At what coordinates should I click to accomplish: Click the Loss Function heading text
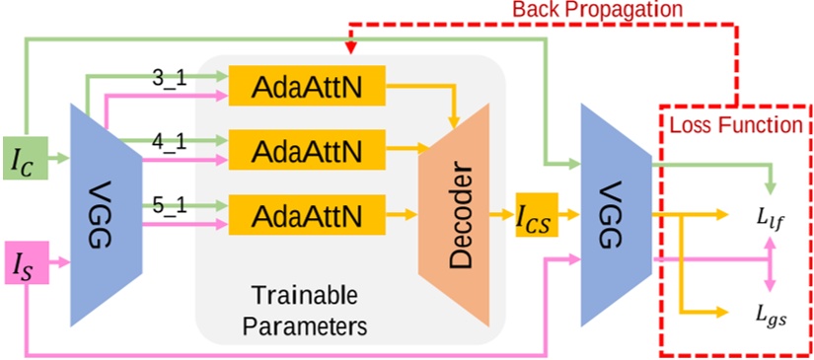(734, 126)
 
